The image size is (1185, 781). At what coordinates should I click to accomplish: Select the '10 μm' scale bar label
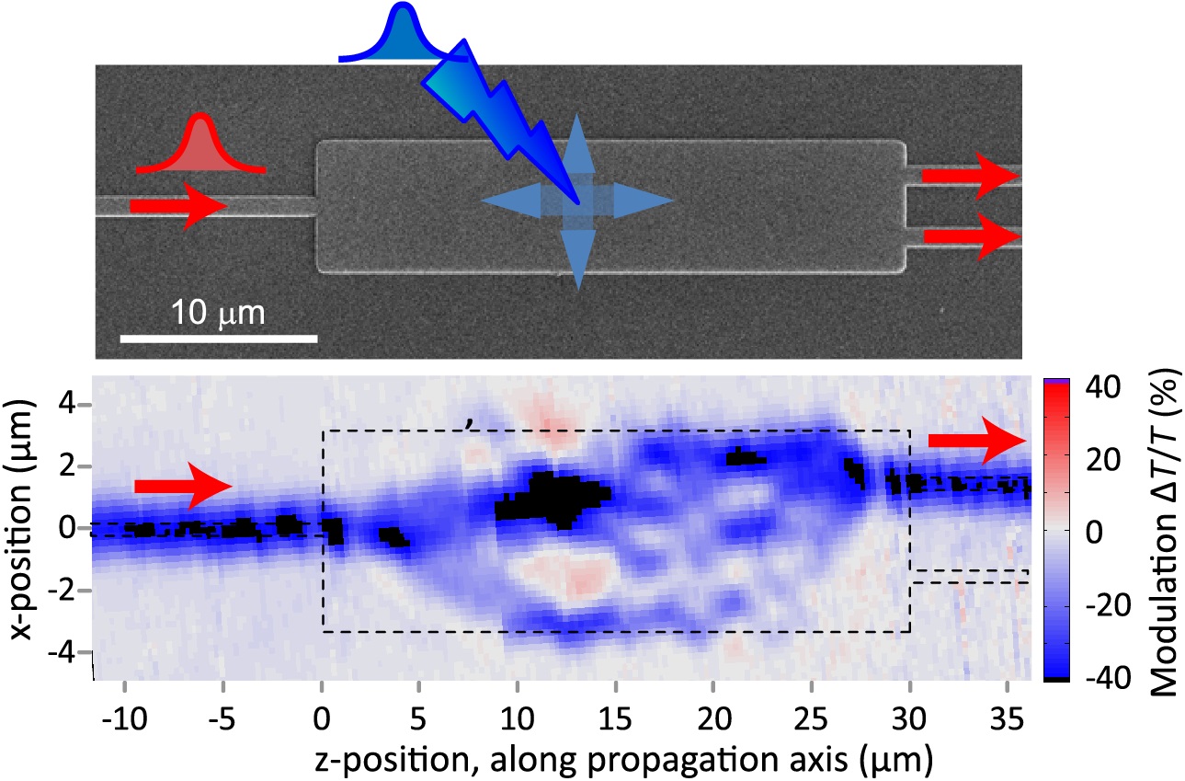(x=219, y=314)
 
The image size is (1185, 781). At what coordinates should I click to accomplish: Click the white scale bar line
(x=219, y=338)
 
